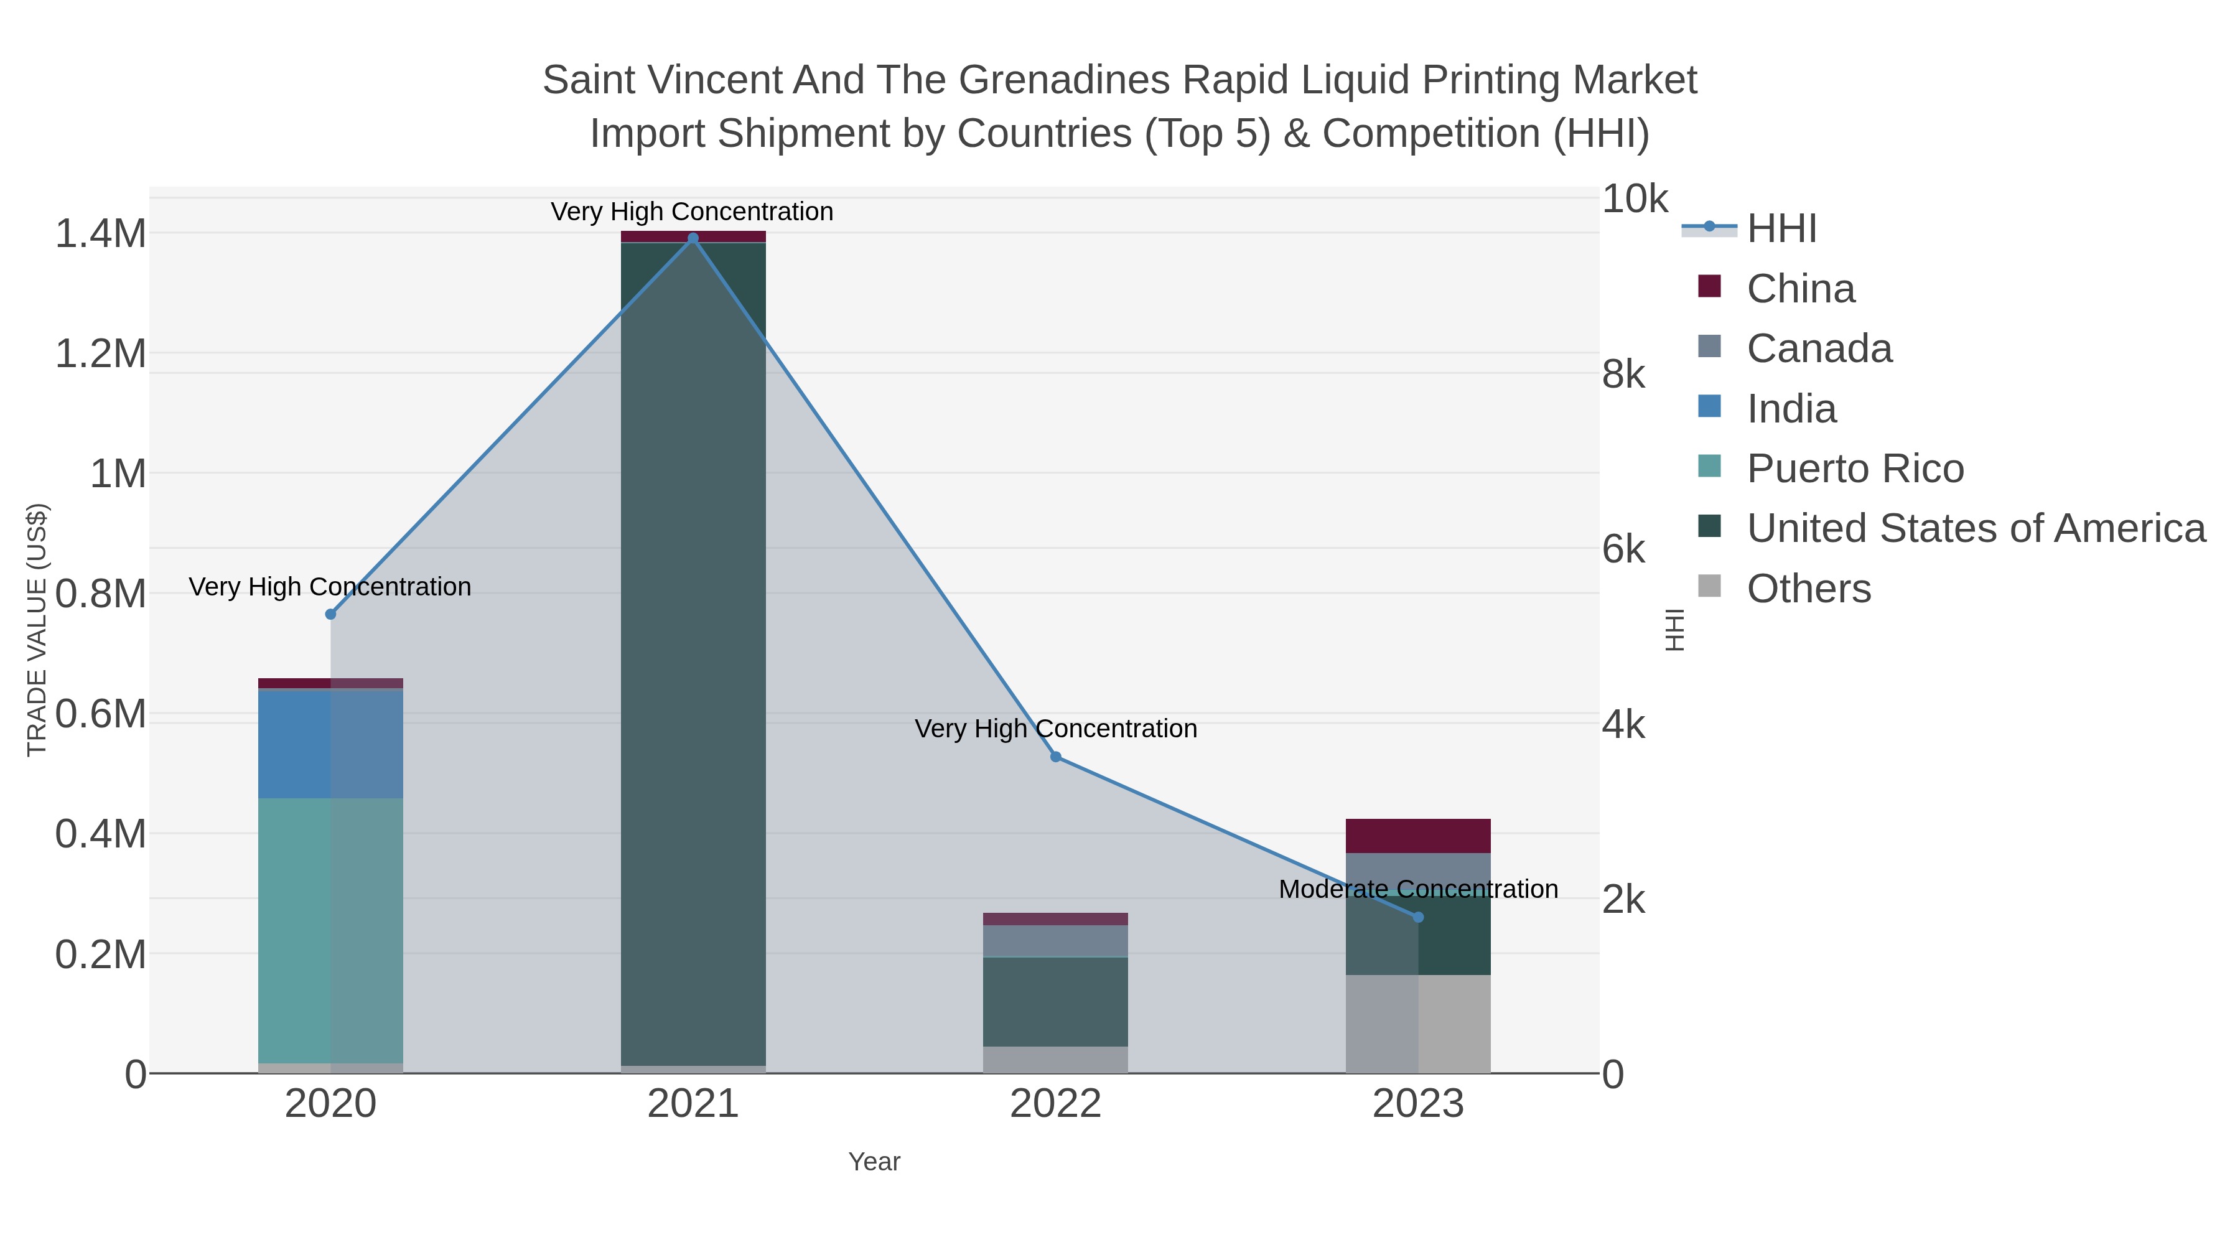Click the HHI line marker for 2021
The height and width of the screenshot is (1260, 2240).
click(x=693, y=238)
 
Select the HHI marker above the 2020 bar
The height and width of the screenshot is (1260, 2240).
click(x=330, y=615)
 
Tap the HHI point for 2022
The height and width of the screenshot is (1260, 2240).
click(x=1056, y=757)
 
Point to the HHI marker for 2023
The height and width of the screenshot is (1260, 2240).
click(x=1418, y=917)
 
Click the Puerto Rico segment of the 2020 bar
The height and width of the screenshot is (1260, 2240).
click(x=330, y=930)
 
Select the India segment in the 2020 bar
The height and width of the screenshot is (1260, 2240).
click(x=330, y=744)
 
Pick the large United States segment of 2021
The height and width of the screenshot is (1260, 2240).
click(x=693, y=652)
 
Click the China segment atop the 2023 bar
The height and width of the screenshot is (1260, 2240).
click(x=1418, y=836)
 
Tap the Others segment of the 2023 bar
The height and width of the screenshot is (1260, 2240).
click(x=1418, y=1024)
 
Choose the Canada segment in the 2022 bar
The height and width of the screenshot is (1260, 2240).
click(x=1056, y=941)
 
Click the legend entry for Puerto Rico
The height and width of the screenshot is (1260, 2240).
click(x=1855, y=469)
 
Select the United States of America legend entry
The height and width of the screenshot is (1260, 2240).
click(x=1976, y=529)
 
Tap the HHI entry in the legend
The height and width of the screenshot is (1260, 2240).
click(x=1781, y=229)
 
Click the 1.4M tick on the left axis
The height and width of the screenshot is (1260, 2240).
click(x=100, y=234)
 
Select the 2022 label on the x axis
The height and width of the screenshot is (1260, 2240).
click(x=1056, y=1104)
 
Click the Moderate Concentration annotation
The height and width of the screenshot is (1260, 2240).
click(x=1418, y=890)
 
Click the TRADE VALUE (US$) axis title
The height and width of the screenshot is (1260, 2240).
click(x=37, y=630)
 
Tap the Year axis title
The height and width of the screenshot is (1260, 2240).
click(x=874, y=1162)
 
